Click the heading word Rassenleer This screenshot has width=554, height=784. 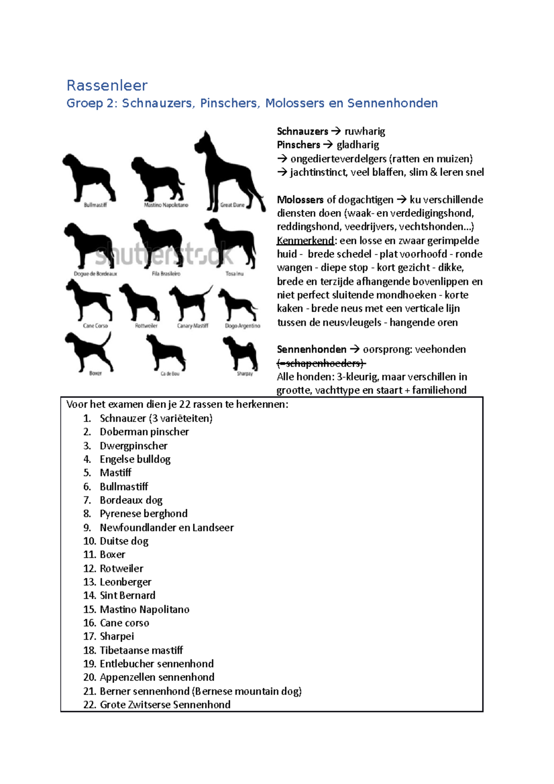(x=107, y=85)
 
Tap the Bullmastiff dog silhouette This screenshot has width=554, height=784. (x=88, y=178)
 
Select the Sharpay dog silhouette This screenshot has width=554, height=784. (x=240, y=353)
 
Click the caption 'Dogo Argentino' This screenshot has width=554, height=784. (x=242, y=326)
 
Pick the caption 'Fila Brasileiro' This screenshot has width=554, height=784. (x=166, y=274)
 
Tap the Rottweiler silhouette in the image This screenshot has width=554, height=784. (x=140, y=302)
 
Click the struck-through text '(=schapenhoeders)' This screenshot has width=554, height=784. (x=321, y=363)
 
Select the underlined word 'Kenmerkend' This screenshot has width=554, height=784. (x=305, y=241)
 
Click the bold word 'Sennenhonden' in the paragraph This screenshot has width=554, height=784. (x=311, y=350)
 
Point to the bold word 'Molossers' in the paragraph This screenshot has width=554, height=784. (x=300, y=200)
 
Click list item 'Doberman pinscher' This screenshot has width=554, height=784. (x=144, y=432)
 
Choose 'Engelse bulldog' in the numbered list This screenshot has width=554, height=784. (x=135, y=459)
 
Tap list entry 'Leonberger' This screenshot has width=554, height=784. (x=126, y=582)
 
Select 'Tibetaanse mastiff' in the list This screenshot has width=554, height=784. (x=141, y=651)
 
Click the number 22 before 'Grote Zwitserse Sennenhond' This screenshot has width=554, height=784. (x=89, y=705)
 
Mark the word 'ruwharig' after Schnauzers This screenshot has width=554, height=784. (x=365, y=132)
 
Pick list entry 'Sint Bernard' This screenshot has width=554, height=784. (x=127, y=596)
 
